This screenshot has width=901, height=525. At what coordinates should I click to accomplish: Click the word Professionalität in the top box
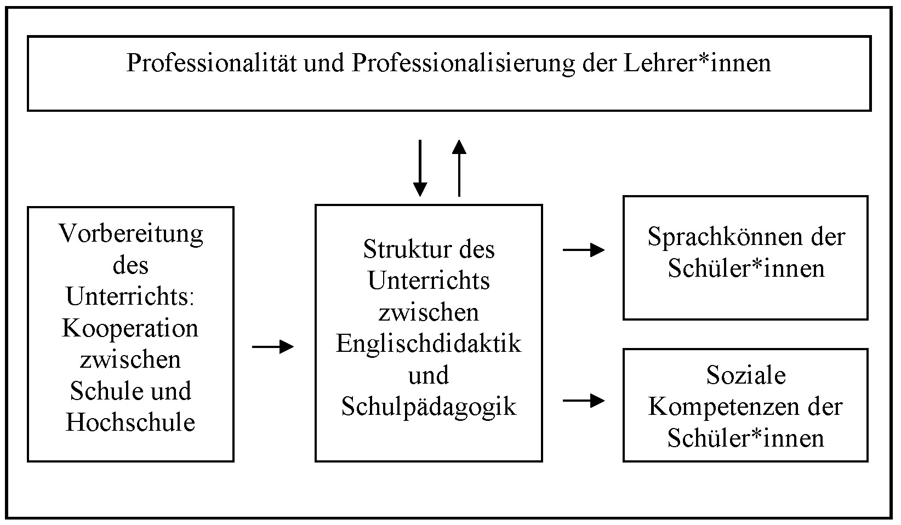pos(212,63)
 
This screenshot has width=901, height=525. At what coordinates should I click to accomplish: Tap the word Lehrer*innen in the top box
pos(697,63)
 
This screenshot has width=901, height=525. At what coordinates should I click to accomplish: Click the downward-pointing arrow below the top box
pos(420,168)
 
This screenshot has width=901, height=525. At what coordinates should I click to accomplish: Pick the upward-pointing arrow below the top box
pos(459,168)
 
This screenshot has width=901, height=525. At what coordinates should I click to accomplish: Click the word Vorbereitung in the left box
pos(131,234)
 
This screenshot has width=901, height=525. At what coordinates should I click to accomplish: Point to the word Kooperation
pos(130,329)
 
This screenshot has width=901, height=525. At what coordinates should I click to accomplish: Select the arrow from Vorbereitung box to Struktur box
pos(273,346)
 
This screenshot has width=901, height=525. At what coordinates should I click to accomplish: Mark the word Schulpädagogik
pos(429,407)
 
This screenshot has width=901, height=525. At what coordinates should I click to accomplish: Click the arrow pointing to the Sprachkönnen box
pos(584,250)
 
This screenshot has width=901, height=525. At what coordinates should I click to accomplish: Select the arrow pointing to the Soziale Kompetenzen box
pos(584,400)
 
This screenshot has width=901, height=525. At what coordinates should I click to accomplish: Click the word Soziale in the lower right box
pos(746,375)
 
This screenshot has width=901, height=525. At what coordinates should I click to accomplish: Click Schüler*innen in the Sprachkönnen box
pos(746,268)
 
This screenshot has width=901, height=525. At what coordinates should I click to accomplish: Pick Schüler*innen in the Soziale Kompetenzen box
pos(746,438)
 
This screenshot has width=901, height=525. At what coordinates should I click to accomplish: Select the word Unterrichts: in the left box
pos(130,296)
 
